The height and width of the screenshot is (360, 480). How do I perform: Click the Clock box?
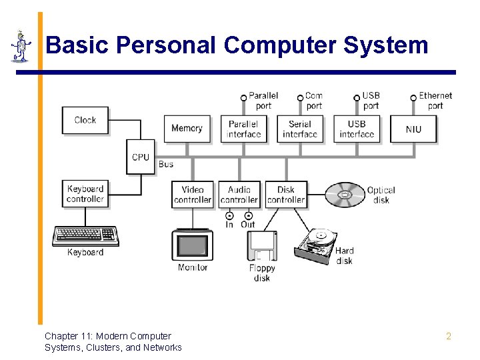pos(85,120)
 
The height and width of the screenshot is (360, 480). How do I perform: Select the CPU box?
pos(141,157)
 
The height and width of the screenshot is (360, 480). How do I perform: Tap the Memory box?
pos(187,129)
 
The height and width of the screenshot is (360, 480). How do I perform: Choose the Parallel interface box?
pos(243,129)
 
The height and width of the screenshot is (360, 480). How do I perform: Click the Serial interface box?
pos(300,129)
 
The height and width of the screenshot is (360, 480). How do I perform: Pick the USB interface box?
pos(357,129)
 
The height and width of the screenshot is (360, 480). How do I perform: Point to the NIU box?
pos(413,129)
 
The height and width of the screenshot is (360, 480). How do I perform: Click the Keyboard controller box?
pos(85,194)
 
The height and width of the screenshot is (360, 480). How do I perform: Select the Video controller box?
pos(193,195)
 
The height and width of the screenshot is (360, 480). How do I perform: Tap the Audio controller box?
pos(239,195)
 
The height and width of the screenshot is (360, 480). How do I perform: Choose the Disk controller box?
pos(286,195)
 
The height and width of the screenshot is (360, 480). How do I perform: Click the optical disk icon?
pos(345,195)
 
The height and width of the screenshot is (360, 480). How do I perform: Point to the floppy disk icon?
pos(262,246)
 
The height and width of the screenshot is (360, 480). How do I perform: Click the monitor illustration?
pos(192,245)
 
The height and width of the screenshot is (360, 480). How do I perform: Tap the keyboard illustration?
pos(85,235)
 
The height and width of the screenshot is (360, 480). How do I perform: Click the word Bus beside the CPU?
pos(166,164)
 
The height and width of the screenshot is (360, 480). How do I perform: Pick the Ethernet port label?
pos(435,101)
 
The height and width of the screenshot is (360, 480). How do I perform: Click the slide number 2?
pos(449,337)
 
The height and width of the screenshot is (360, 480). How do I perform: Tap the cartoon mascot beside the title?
pos(21,47)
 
